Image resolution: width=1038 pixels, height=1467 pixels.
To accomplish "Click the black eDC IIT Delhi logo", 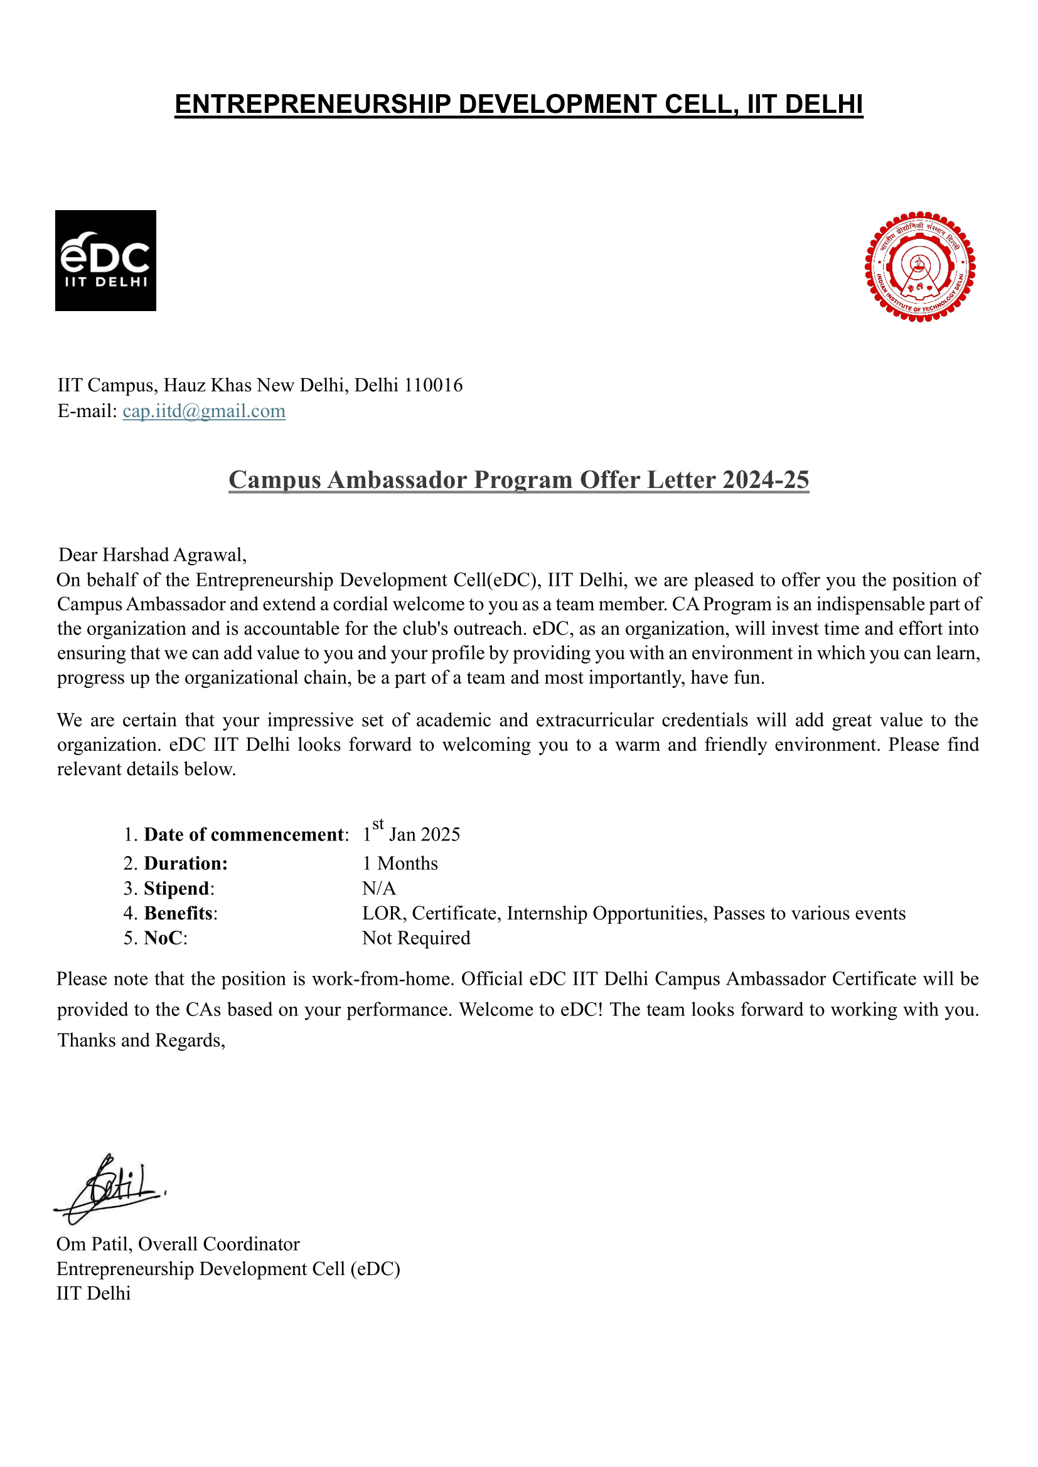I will pyautogui.click(x=105, y=261).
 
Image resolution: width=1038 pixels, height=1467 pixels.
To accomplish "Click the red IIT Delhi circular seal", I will pyautogui.click(x=919, y=267).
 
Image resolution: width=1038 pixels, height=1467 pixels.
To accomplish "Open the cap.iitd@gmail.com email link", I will pyautogui.click(x=204, y=411).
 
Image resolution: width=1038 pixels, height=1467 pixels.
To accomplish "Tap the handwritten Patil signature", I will pyautogui.click(x=112, y=1189).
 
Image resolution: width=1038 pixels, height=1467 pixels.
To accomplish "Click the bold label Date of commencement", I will pyautogui.click(x=243, y=834).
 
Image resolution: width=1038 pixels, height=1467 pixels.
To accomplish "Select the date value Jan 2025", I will pyautogui.click(x=424, y=834).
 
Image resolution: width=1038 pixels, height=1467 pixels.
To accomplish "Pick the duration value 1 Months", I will pyautogui.click(x=400, y=863).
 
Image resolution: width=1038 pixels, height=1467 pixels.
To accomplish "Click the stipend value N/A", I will pyautogui.click(x=379, y=888).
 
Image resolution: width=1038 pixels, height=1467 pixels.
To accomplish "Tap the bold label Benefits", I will pyautogui.click(x=178, y=913).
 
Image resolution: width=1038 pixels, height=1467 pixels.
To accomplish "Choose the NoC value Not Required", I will pyautogui.click(x=416, y=938).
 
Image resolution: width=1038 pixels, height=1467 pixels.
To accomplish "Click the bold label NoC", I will pyautogui.click(x=164, y=938).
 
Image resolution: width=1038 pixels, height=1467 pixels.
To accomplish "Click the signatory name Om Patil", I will pyautogui.click(x=94, y=1244).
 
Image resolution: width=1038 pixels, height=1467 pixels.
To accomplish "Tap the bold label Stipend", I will pyautogui.click(x=176, y=888).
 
